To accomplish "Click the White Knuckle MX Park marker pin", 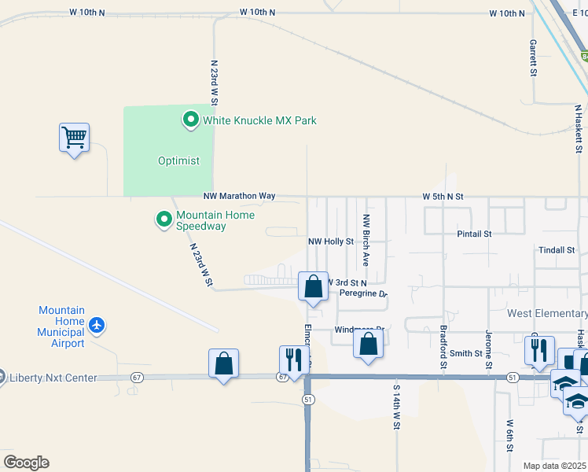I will click(x=190, y=120).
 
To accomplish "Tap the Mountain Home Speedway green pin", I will click(x=164, y=219).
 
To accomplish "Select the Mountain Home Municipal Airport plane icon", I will click(x=96, y=324).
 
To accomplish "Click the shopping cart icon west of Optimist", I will click(x=74, y=138).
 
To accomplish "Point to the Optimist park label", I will click(x=178, y=160).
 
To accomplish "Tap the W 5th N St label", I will click(x=443, y=195).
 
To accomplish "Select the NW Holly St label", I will click(x=331, y=242).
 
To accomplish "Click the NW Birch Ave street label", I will click(x=366, y=238).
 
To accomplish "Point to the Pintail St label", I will click(x=474, y=234).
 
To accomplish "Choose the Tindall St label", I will click(x=557, y=250).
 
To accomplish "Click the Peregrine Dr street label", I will click(x=363, y=293).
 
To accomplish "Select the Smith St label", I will click(x=466, y=353).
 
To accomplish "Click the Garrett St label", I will click(x=533, y=57).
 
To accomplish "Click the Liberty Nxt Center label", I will click(x=53, y=378).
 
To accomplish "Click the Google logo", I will click(x=26, y=463).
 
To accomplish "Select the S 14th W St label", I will click(x=397, y=407).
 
